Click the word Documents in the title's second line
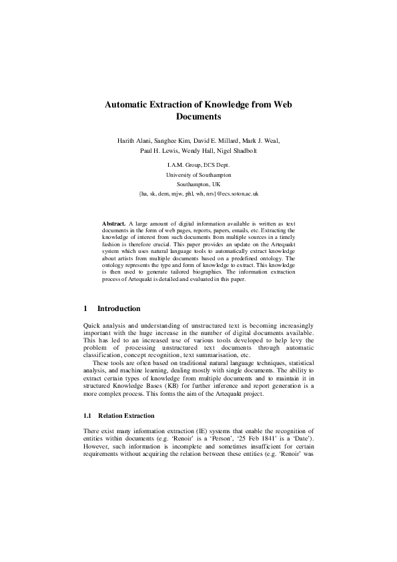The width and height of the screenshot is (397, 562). coord(198,117)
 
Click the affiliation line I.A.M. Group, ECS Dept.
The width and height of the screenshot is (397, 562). coord(198,164)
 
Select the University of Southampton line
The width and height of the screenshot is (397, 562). coord(198,174)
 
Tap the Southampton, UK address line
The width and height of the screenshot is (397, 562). coord(198,183)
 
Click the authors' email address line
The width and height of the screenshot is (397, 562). coord(198,193)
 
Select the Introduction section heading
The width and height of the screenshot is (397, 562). coord(119,308)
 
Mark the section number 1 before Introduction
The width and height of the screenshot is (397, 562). coord(85,308)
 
